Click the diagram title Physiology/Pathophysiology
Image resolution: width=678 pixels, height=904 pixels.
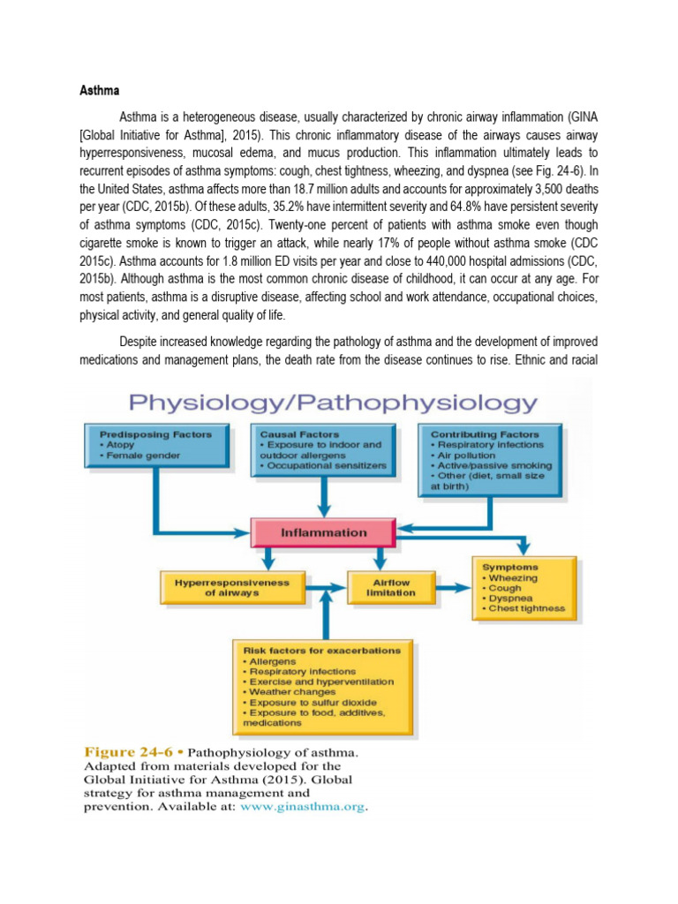333,403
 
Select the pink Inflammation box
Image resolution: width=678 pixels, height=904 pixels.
323,532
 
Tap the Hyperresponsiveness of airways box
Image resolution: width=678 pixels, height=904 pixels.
231,587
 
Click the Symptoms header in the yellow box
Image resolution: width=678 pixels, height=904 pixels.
510,567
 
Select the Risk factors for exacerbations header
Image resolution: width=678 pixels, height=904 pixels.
321,650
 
